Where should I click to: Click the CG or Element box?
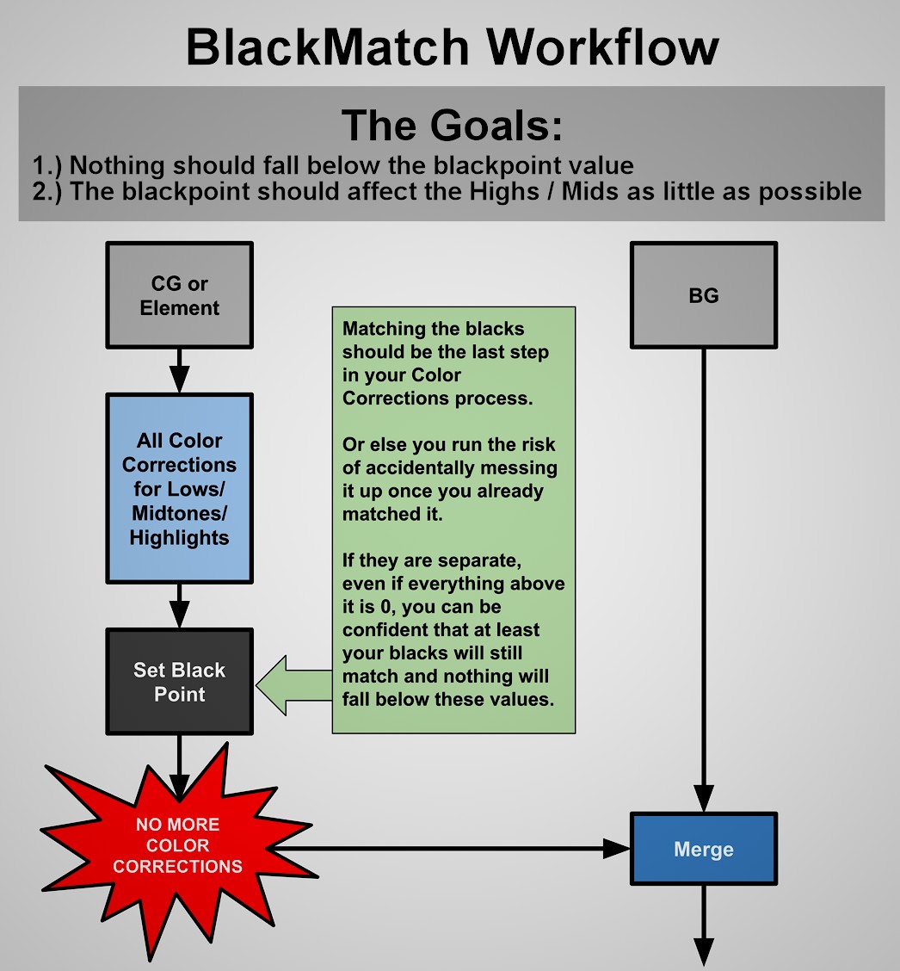179,295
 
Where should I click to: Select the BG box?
703,295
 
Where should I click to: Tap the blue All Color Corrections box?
179,488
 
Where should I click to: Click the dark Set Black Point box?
179,682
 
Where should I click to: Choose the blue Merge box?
703,849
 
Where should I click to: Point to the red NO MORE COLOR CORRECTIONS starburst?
178,845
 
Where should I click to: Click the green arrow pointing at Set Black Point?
293,684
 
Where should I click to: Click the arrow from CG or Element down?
179,371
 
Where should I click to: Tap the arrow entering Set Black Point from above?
179,608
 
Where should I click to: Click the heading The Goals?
452,126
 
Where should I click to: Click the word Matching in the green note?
379,329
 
